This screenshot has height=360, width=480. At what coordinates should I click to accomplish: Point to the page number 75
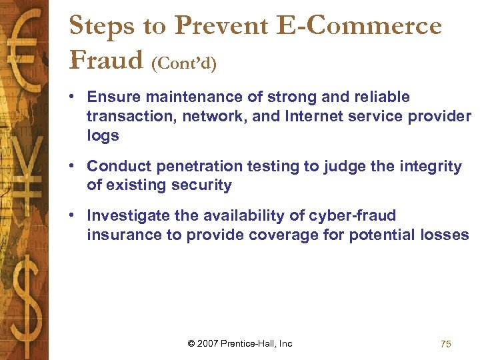446,344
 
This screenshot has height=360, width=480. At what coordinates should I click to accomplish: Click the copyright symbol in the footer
192,344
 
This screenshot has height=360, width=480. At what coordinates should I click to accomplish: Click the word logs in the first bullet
103,136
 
